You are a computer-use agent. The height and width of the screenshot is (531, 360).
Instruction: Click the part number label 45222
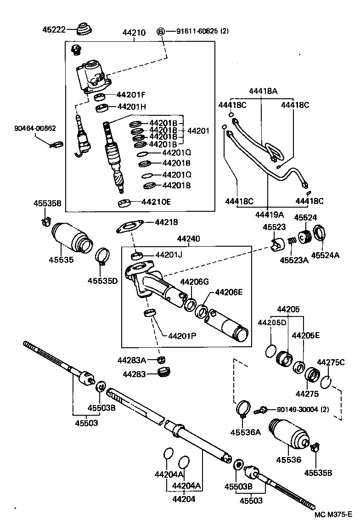pyautogui.click(x=53, y=29)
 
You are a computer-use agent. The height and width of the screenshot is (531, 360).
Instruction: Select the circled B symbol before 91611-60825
pyautogui.click(x=161, y=31)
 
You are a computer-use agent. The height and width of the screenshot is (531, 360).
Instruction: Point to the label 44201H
pyautogui.click(x=131, y=107)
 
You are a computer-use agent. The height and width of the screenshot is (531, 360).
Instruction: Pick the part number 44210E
pyautogui.click(x=157, y=202)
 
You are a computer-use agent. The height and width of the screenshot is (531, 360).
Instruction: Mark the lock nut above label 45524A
pyautogui.click(x=320, y=233)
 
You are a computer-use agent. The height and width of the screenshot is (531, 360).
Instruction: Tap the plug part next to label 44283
pyautogui.click(x=163, y=372)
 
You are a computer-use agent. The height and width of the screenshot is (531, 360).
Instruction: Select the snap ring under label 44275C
pyautogui.click(x=326, y=382)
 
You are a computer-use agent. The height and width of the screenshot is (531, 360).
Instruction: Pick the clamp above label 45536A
pyautogui.click(x=243, y=408)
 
